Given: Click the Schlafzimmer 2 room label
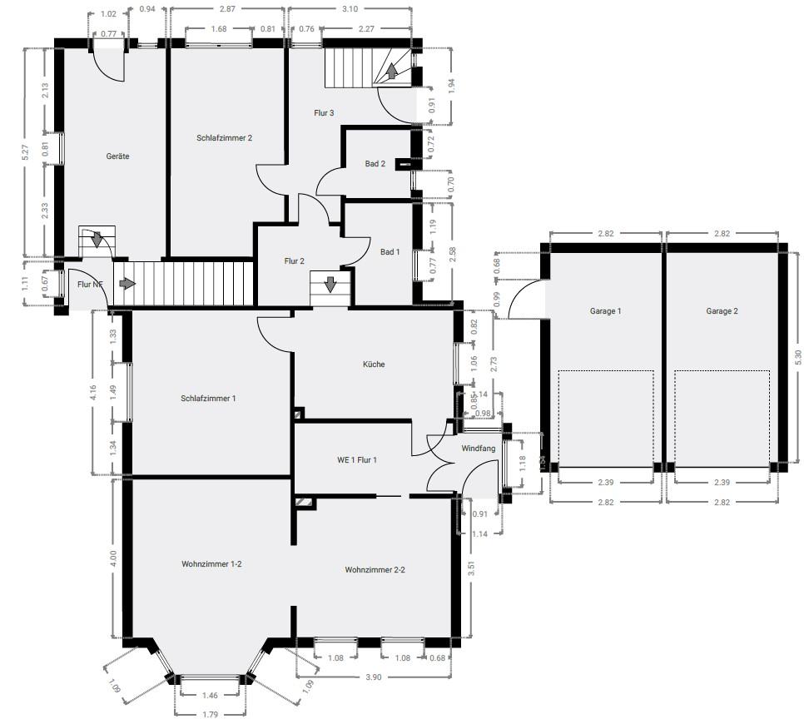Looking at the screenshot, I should pos(224,138).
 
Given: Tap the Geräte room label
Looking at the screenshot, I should pos(117,156).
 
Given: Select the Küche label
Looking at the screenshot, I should pos(374,364).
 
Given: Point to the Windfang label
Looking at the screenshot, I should pos(479,449).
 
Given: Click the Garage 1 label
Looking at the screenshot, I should pos(605,311).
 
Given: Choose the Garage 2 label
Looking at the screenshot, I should pos(722,311).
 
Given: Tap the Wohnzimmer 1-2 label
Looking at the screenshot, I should pos(211,564).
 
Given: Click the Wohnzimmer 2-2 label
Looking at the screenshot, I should pos(375,571).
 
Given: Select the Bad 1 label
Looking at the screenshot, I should pos(390,252).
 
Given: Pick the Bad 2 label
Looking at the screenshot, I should pos(375,164).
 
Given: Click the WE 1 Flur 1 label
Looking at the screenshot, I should pos(356,459).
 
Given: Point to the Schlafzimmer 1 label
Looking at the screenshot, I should pos(208,399).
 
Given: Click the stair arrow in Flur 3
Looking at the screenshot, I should pos(391,72).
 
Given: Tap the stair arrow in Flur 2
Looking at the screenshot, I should pos(330,285).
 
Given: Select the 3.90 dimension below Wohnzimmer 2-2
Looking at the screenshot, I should pos(374,677).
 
